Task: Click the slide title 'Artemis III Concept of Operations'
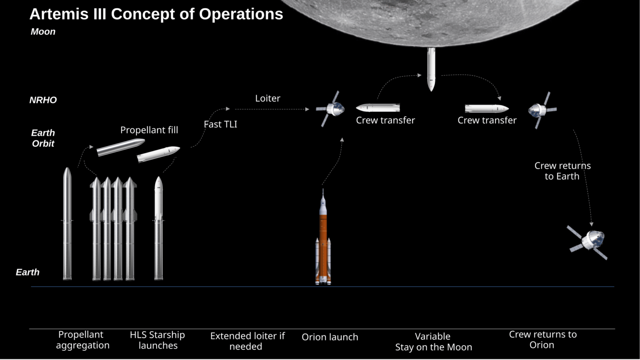(x=156, y=14)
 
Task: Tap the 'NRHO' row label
(x=43, y=100)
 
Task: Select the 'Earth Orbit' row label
(x=43, y=138)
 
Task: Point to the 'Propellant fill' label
(x=149, y=130)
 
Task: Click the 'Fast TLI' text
(x=220, y=124)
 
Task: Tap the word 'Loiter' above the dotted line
(x=267, y=98)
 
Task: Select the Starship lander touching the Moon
(x=431, y=69)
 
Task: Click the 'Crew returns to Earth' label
(x=562, y=171)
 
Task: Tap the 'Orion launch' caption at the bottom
(x=330, y=337)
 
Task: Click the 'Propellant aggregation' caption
(x=82, y=340)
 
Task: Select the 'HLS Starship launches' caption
(x=157, y=340)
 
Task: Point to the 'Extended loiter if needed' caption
(x=247, y=341)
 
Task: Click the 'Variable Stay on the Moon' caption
(x=433, y=342)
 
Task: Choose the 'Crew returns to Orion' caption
(x=542, y=340)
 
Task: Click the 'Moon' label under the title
(x=43, y=32)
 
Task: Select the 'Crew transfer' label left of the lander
(x=385, y=120)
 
